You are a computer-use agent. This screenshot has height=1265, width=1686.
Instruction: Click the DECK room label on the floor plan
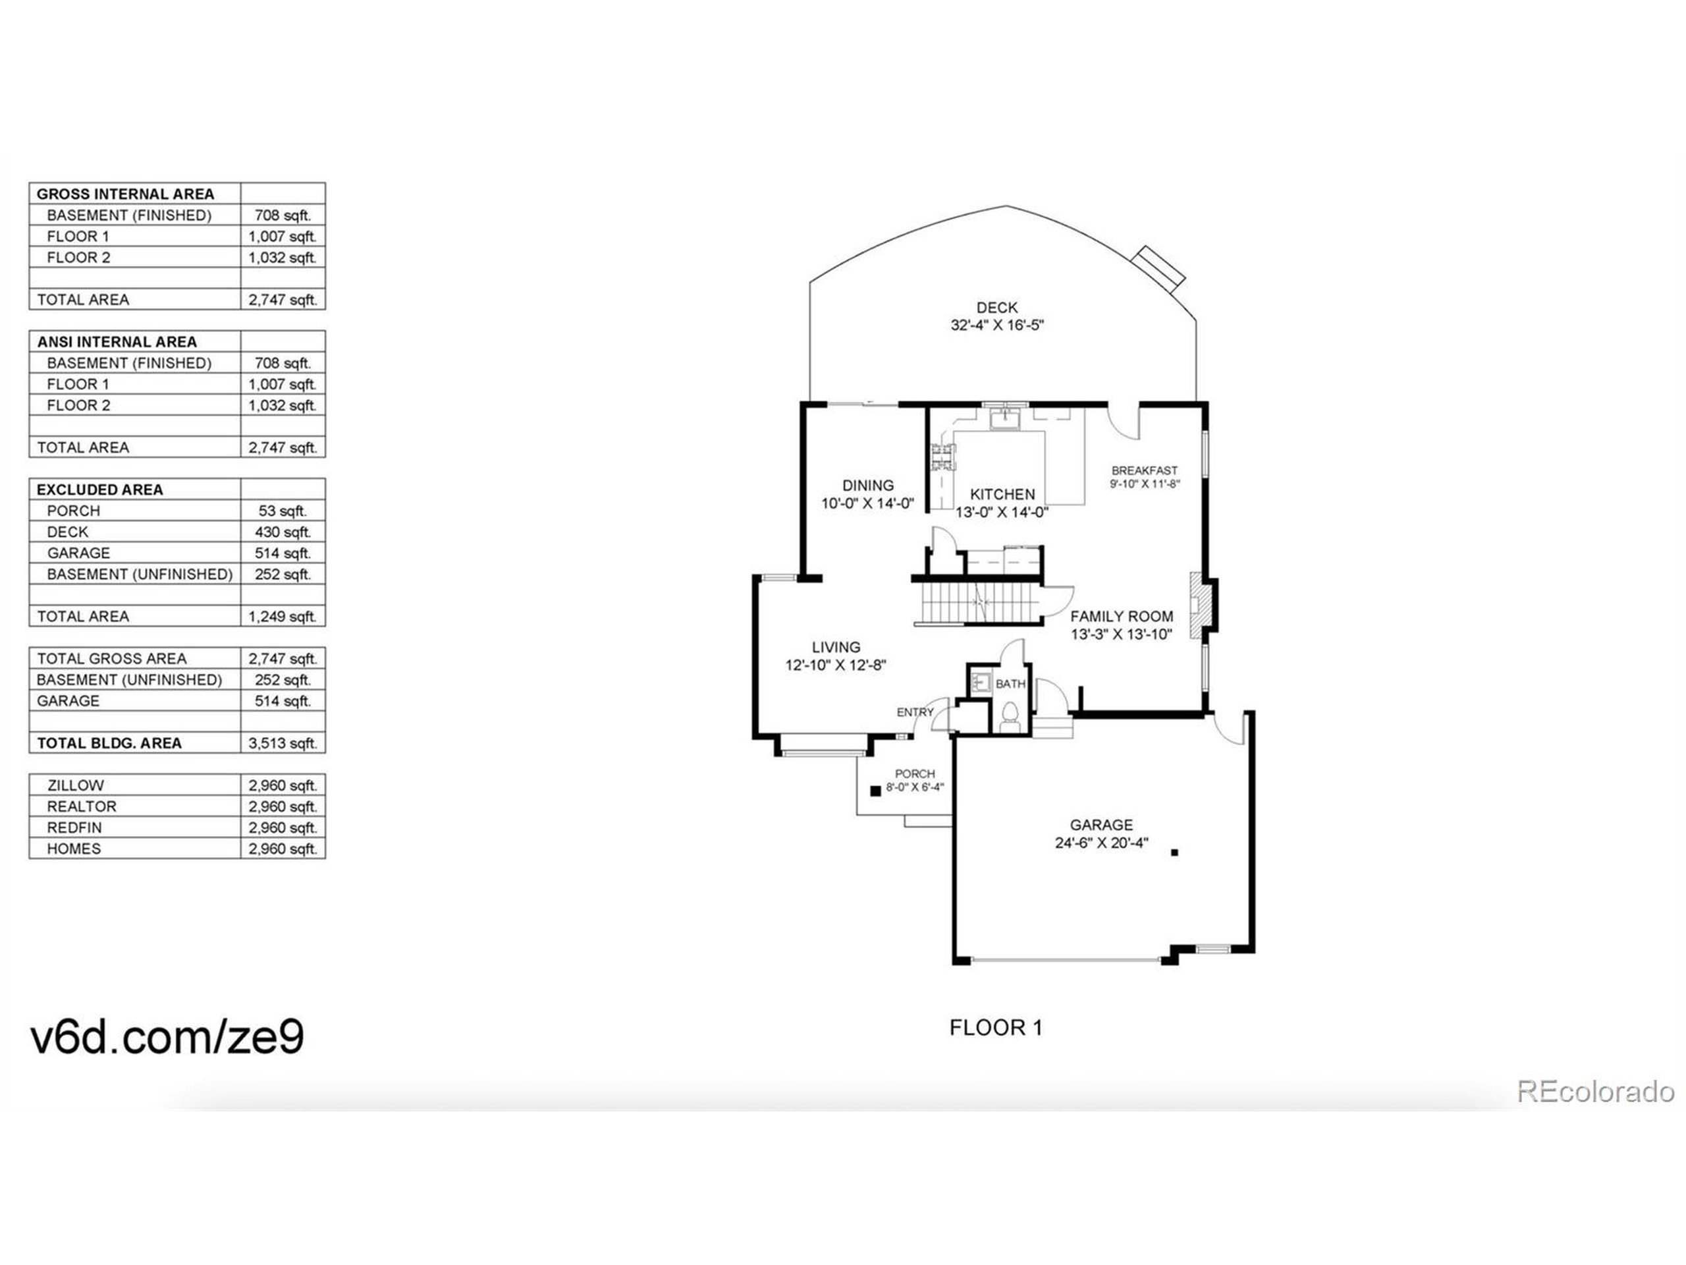(x=997, y=307)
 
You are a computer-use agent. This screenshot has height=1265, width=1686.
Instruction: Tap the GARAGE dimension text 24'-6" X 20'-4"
(x=1101, y=843)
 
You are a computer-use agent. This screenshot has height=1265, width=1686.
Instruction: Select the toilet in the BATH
(x=1010, y=716)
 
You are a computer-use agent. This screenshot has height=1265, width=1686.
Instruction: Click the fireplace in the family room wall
(x=1199, y=605)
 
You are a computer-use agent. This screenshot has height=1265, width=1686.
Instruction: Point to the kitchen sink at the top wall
(x=1008, y=418)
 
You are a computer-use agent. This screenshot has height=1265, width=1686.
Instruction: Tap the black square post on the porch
(x=876, y=791)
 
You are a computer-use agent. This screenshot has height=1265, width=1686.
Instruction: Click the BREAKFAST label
(x=1144, y=470)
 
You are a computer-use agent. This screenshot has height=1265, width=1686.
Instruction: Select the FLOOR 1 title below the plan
(x=995, y=1028)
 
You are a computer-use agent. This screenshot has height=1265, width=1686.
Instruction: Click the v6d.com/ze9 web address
(x=167, y=1036)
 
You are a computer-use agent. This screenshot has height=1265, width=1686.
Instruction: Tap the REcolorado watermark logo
(x=1594, y=1091)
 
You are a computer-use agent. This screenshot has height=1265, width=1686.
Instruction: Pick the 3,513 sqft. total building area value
(x=282, y=743)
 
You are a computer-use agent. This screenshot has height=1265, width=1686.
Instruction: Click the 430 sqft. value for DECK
(x=282, y=532)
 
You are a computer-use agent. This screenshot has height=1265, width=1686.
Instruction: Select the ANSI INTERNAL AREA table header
(x=117, y=341)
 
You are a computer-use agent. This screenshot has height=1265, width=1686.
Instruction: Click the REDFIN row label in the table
(x=74, y=828)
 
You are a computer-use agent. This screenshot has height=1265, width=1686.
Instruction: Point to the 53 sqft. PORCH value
(x=282, y=511)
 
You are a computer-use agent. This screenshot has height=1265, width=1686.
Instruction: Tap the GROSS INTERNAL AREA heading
(x=125, y=194)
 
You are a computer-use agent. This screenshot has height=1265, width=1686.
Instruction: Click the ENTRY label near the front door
(x=915, y=712)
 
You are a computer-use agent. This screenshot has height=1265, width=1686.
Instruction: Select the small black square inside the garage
(x=1174, y=853)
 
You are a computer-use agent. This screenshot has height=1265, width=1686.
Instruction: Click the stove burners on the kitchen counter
(x=942, y=460)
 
